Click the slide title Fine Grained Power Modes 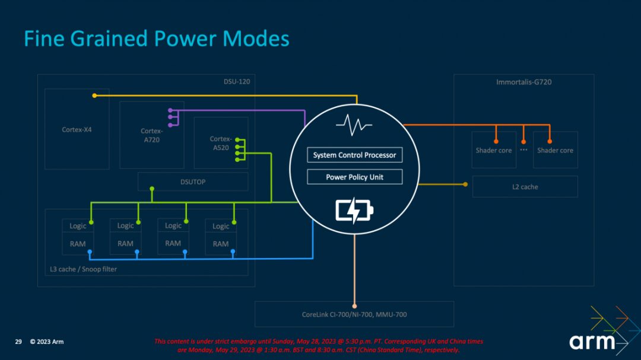click(x=157, y=39)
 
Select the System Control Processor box click(x=354, y=155)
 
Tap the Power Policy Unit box click(x=354, y=177)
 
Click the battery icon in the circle click(x=355, y=211)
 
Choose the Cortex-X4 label click(x=77, y=129)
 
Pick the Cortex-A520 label click(x=220, y=143)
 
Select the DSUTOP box click(x=193, y=181)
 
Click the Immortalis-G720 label click(x=523, y=82)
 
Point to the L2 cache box click(x=525, y=187)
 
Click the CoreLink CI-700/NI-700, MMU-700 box click(x=354, y=314)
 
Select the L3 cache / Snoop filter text click(x=83, y=269)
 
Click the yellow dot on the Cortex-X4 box click(x=94, y=95)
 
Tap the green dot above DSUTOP click(x=152, y=189)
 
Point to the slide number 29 click(x=18, y=342)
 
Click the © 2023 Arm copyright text click(x=47, y=342)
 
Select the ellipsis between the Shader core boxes click(x=523, y=150)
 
